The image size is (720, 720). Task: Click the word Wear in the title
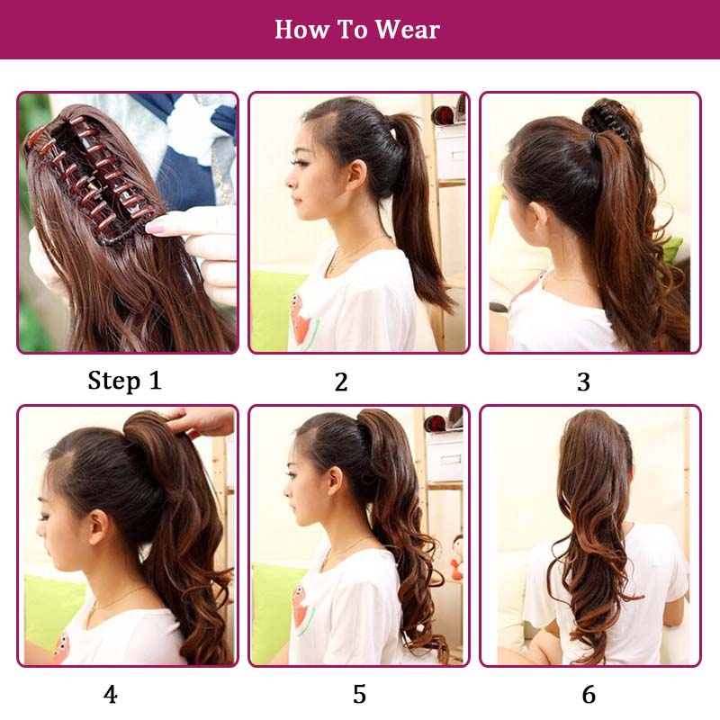408,30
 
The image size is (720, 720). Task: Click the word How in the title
302,30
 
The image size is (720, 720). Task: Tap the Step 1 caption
124,381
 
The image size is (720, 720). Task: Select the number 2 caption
341,382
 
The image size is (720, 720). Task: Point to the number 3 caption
583,382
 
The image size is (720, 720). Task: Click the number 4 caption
110,694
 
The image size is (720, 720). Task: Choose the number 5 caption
359,694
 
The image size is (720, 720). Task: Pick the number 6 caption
589,694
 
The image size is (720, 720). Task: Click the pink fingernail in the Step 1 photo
155,226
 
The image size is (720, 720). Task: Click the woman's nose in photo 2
289,181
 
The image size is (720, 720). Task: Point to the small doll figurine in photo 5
456,559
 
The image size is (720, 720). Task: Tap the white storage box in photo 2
449,150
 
